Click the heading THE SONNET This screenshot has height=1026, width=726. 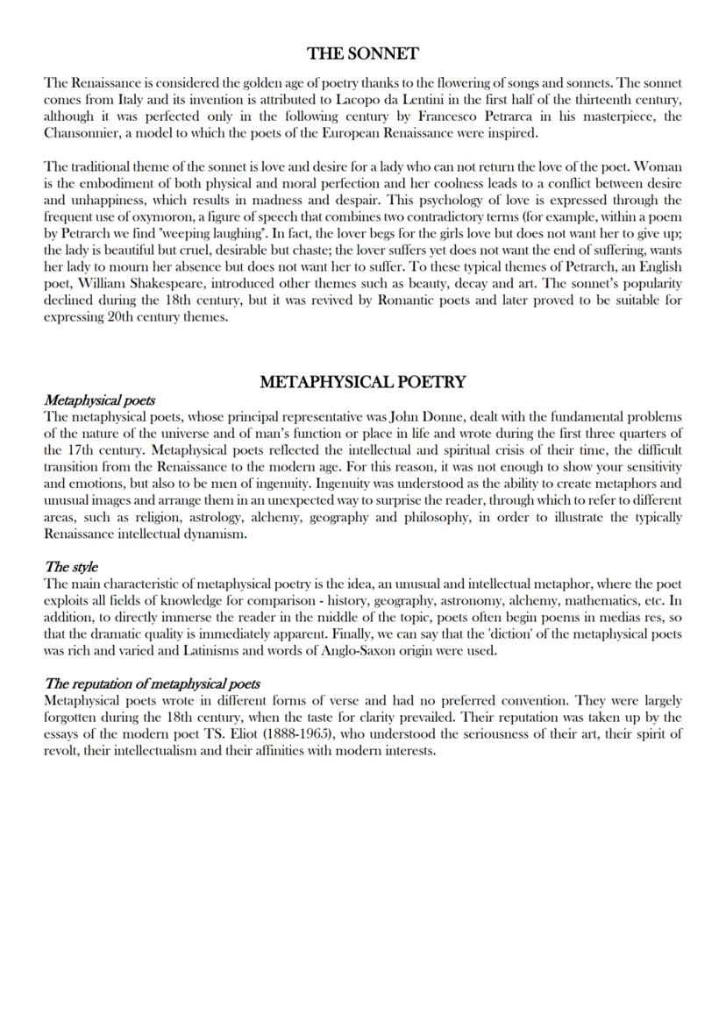363,54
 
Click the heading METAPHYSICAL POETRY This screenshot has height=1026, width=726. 363,382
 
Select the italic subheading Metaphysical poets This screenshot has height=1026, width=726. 99,400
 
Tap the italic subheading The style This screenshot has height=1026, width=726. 71,567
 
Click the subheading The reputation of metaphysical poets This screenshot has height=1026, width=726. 152,683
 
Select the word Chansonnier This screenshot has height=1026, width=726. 83,133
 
